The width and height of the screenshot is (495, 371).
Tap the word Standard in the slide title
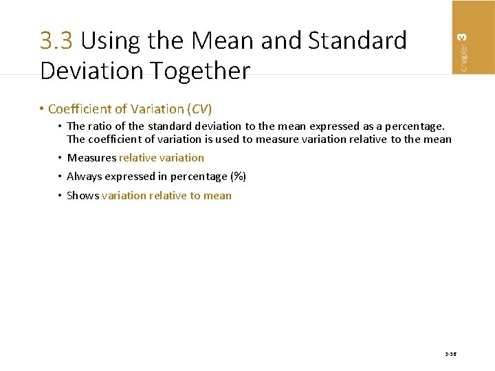click(357, 41)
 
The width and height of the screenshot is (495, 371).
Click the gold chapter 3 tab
click(472, 36)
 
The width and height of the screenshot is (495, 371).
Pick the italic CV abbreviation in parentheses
click(200, 109)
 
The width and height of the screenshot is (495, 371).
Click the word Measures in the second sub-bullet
click(91, 158)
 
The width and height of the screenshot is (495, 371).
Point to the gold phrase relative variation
click(162, 158)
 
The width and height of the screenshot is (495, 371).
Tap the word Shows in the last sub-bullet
click(82, 196)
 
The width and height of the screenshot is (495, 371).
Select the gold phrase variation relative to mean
click(166, 196)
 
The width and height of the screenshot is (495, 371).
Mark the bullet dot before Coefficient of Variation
click(43, 109)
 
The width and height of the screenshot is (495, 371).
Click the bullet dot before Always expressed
click(60, 177)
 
